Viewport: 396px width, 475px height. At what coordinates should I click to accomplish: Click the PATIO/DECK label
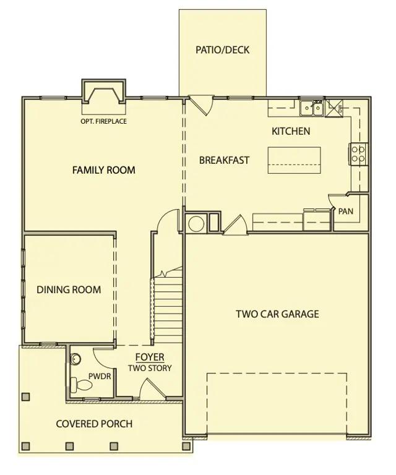[222, 49]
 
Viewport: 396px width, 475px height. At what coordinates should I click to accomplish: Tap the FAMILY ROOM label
[103, 170]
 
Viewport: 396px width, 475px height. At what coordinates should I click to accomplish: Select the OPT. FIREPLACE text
[103, 121]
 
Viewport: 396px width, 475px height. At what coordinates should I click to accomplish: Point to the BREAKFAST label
[224, 160]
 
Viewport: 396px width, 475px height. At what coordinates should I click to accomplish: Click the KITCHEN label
[291, 131]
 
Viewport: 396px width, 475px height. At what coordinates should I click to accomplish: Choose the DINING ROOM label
[69, 289]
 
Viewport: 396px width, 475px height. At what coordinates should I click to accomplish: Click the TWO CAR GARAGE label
[278, 314]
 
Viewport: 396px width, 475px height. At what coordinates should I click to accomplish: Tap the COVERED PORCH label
[94, 424]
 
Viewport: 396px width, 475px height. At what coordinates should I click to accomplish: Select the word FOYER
[150, 357]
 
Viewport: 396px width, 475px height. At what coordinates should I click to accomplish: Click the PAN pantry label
[346, 211]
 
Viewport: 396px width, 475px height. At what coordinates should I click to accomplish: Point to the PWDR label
[100, 377]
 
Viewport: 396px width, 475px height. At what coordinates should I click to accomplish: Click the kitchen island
[294, 160]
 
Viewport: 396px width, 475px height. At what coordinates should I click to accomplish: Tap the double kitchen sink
[312, 108]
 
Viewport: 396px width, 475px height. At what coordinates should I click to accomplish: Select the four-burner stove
[358, 154]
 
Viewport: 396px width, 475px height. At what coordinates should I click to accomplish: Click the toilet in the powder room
[81, 385]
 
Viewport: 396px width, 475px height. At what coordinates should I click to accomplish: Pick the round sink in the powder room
[75, 359]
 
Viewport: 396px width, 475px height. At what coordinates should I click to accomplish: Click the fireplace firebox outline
[103, 95]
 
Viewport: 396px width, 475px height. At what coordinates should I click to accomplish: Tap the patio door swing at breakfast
[201, 105]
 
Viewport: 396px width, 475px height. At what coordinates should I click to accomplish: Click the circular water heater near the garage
[196, 224]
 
